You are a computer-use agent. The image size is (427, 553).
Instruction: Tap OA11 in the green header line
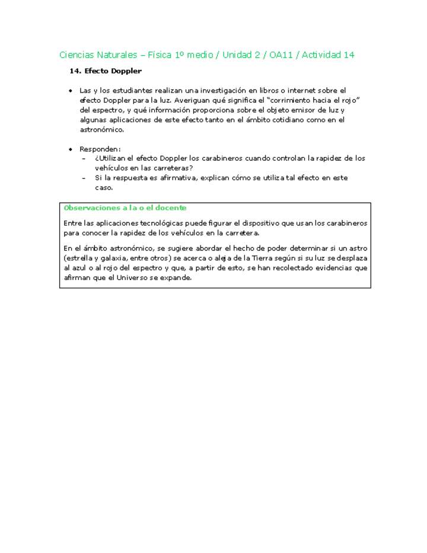[x=283, y=55]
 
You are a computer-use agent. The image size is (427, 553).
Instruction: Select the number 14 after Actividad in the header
[x=349, y=55]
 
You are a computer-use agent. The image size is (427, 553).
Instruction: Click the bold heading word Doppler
[x=126, y=71]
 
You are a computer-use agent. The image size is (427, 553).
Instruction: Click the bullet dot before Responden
[x=71, y=149]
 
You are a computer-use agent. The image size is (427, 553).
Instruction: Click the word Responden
[x=100, y=149]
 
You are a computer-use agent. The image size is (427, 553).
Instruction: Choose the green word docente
[x=173, y=208]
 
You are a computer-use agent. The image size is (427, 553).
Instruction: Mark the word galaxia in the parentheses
[x=115, y=259]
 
